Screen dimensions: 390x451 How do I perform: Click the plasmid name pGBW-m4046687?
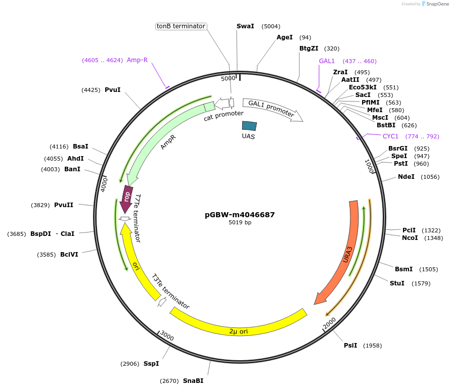240,214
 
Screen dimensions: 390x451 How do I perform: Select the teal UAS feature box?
249,126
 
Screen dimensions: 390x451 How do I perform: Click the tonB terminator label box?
181,26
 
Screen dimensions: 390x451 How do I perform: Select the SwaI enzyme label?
245,26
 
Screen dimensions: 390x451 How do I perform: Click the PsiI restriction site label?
350,346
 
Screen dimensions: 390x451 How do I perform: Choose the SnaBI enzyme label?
193,381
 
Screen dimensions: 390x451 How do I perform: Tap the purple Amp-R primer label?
137,60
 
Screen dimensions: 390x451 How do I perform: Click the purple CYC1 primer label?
390,136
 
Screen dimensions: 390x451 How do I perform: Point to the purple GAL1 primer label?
327,61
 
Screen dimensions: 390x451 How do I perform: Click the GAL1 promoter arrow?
272,109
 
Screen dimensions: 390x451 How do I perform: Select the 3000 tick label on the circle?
166,336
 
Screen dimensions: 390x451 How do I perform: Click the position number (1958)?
372,346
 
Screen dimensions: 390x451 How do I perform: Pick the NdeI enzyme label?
406,177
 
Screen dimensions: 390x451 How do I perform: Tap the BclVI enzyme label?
69,255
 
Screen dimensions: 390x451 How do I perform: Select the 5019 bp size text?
240,222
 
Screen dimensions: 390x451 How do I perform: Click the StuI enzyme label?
397,283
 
